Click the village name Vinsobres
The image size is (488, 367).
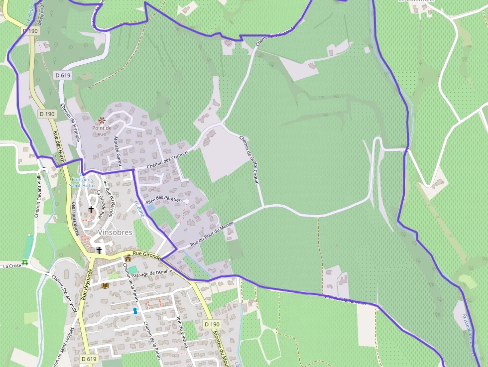(x=115, y=232)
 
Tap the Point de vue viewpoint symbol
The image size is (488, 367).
(x=102, y=121)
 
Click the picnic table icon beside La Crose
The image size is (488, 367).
(x=25, y=262)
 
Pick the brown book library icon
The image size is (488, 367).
(x=105, y=285)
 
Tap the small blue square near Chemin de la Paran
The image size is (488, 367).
(x=135, y=310)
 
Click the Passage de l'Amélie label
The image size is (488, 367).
(x=150, y=272)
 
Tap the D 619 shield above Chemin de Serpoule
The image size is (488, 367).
(x=63, y=75)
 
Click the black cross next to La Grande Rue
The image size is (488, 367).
(x=91, y=210)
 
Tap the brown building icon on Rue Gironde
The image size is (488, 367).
(x=128, y=258)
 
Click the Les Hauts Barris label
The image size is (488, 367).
(x=76, y=218)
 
